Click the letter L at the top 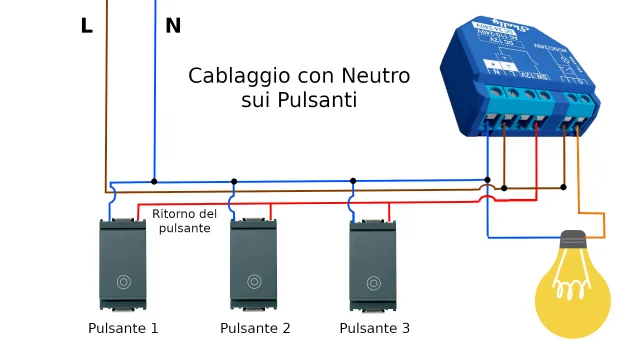(x=87, y=26)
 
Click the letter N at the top (x=173, y=26)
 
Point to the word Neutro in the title (x=375, y=76)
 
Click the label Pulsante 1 (x=123, y=328)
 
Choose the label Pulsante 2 (x=255, y=328)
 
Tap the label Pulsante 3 (x=374, y=328)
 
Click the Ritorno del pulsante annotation (x=184, y=221)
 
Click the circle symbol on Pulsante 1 (x=123, y=282)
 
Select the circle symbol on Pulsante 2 (x=254, y=282)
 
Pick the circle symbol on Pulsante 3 (x=373, y=282)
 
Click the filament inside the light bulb (x=571, y=289)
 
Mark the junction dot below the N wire (x=154, y=182)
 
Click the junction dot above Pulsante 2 (x=234, y=182)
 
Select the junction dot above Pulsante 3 (x=353, y=182)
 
